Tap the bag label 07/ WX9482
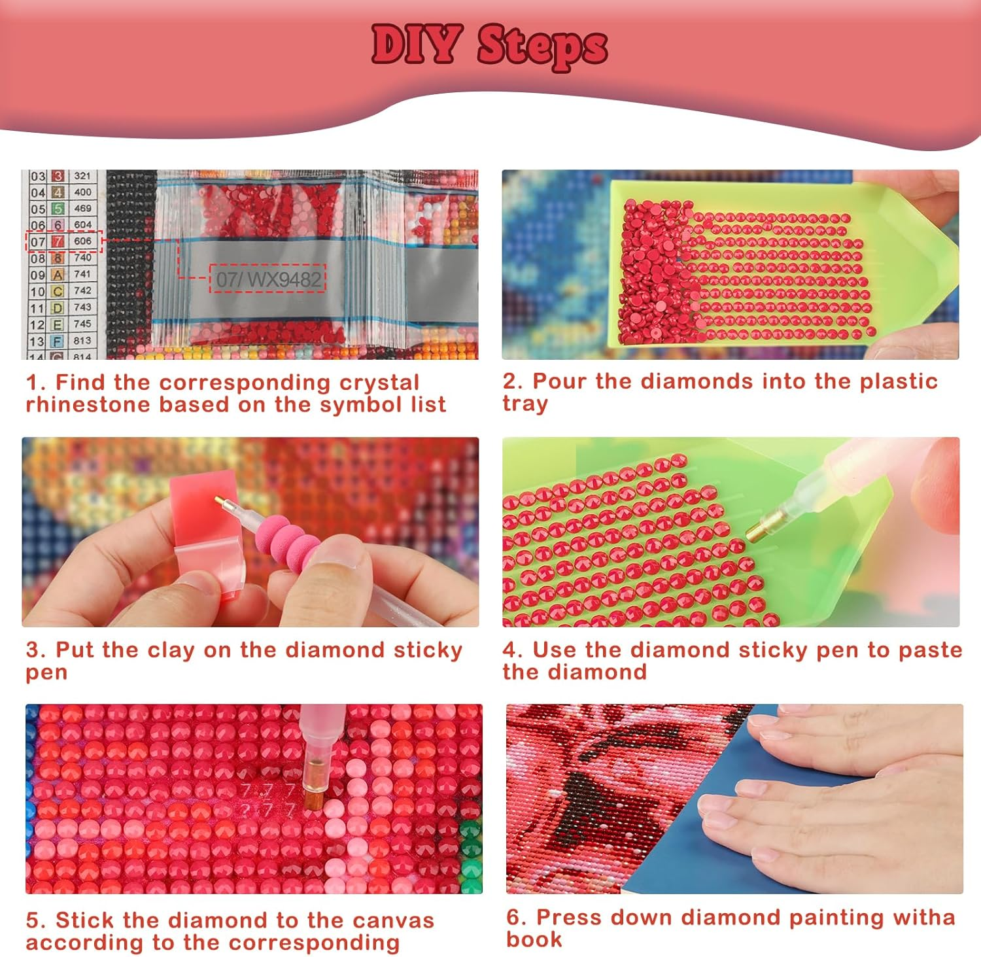[x=268, y=279]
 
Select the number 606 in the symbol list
[x=82, y=241]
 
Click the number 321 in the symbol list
[x=82, y=175]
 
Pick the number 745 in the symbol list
[x=82, y=323]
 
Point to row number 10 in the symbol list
[x=37, y=291]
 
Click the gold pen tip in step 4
[x=762, y=527]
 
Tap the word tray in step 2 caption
[x=525, y=404]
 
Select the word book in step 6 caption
[x=534, y=939]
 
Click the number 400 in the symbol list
[x=82, y=192]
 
